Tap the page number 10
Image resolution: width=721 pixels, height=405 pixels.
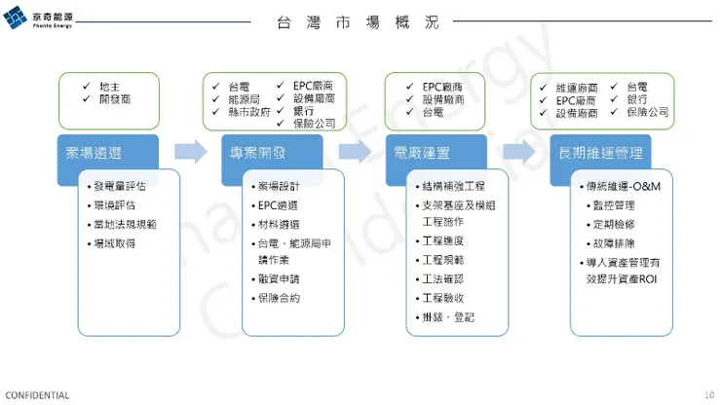[x=708, y=395]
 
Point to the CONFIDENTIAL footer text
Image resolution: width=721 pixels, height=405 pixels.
[x=37, y=395]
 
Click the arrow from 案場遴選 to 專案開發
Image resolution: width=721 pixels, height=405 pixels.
[x=191, y=151]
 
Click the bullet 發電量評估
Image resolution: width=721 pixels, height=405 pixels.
[x=120, y=186]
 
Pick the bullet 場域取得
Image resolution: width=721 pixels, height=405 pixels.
[x=114, y=242]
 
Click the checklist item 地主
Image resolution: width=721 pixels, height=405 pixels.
[x=110, y=86]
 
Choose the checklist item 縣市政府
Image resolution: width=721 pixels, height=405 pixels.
[x=248, y=112]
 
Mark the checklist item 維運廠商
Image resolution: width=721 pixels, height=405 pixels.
[x=576, y=88]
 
